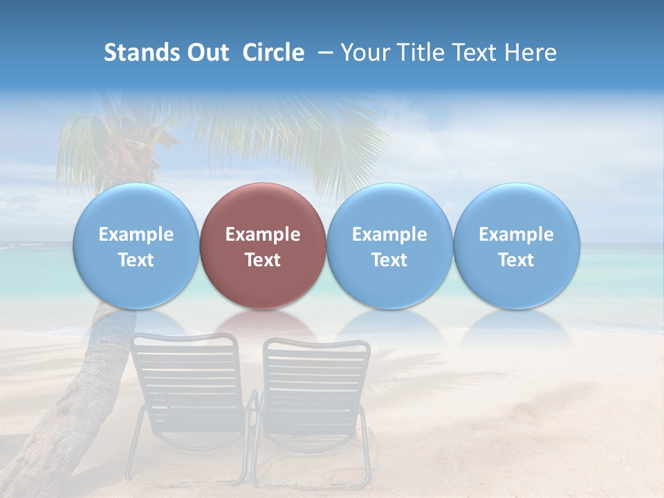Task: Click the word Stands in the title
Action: pyautogui.click(x=138, y=53)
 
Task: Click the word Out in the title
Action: pyautogui.click(x=203, y=53)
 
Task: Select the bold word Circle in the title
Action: pyautogui.click(x=273, y=53)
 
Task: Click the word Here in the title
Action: pyautogui.click(x=531, y=53)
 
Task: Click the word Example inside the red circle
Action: pyautogui.click(x=263, y=234)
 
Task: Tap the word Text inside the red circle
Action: pyautogui.click(x=263, y=260)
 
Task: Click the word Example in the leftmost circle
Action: pyautogui.click(x=136, y=234)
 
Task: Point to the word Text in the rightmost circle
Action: pyautogui.click(x=516, y=260)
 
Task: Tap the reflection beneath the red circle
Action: pyautogui.click(x=262, y=324)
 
